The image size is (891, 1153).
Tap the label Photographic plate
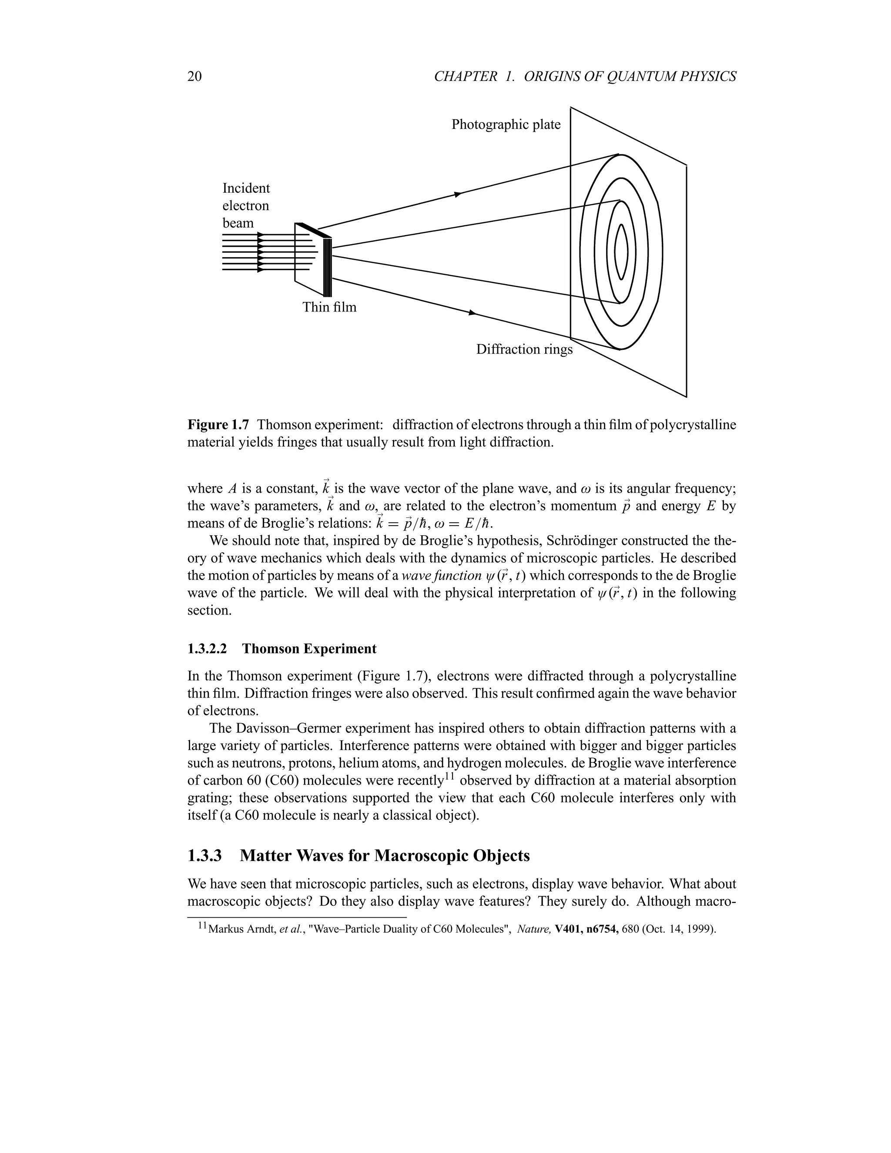coord(506,124)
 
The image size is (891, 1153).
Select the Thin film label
coord(329,307)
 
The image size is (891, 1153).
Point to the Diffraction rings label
coord(524,349)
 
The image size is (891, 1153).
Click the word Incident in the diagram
coord(245,188)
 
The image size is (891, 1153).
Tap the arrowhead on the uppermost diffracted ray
coord(458,195)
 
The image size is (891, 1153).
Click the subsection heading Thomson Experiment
coord(309,649)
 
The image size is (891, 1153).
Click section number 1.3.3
coord(204,856)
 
